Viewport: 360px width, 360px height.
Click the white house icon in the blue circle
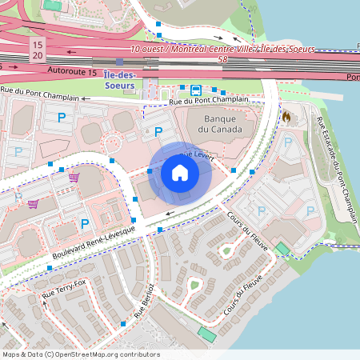point(180,173)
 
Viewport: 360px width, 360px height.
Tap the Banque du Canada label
point(210,125)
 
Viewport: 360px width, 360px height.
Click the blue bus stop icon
point(196,89)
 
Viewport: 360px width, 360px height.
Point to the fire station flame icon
point(286,116)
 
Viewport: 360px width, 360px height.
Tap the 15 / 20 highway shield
point(38,50)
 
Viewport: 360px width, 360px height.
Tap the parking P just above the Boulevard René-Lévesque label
point(84,223)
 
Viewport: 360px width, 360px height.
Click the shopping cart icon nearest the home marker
point(74,177)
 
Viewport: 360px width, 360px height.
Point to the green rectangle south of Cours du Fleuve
point(207,332)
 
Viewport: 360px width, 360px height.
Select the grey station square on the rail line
point(119,62)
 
